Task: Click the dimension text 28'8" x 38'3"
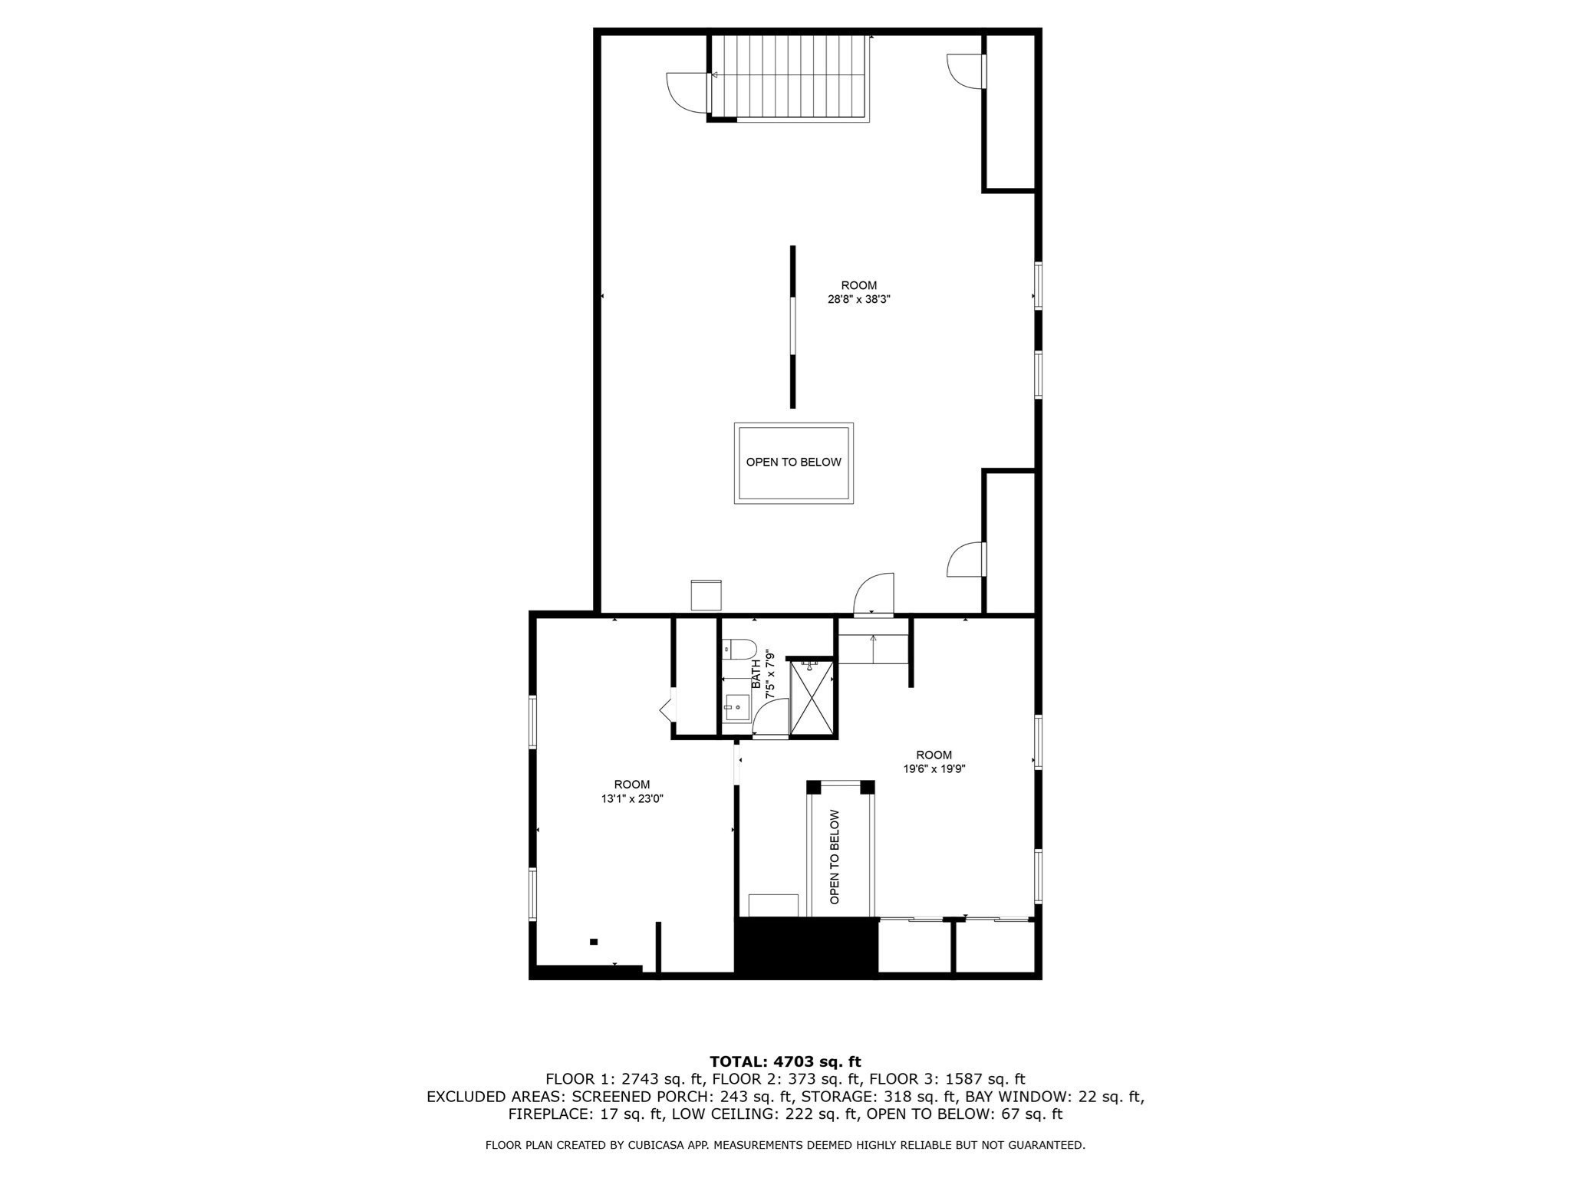pos(858,300)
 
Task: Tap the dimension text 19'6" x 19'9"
pos(934,769)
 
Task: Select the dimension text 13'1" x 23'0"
pos(631,798)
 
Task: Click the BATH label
pos(756,673)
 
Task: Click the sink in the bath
pos(737,706)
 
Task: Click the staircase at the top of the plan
pos(790,77)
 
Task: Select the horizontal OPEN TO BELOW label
pos(793,462)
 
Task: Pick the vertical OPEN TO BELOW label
pos(835,857)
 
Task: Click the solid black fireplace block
pos(805,947)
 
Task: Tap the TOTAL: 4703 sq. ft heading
pos(785,1062)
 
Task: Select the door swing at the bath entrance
pos(769,721)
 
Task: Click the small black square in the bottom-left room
pos(593,942)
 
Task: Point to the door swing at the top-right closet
pos(965,71)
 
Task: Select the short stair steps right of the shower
pos(872,649)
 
